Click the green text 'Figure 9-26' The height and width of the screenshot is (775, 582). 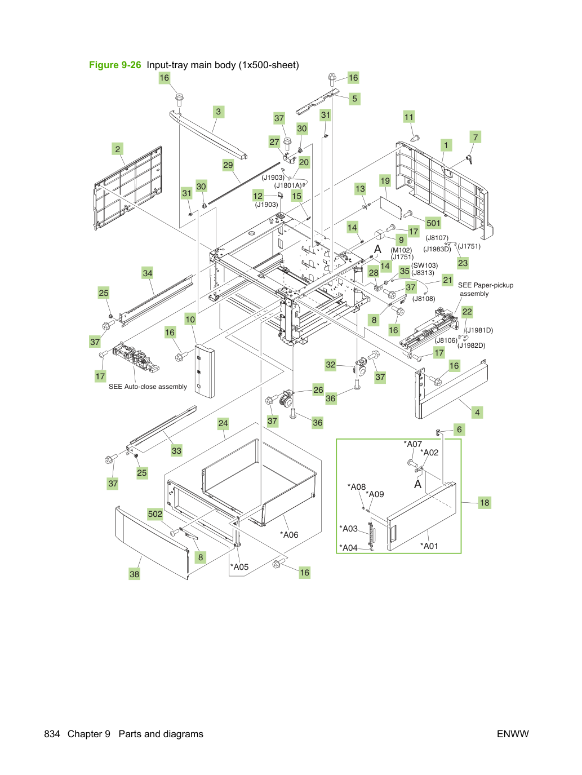pos(115,65)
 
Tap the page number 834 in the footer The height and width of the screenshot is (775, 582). pos(52,734)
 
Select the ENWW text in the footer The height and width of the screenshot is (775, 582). pos(513,734)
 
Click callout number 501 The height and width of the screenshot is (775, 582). pos(433,223)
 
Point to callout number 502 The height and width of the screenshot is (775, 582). pos(155,513)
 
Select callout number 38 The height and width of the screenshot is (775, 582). pos(134,574)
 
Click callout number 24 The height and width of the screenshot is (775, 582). pos(223,423)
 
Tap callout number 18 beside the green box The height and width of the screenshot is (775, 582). pos(484,502)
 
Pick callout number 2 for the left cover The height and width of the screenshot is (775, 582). pos(118,149)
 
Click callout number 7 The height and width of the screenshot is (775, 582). pos(476,137)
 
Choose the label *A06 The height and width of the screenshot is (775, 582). pos(289,534)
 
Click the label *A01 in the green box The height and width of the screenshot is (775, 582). pos(429,546)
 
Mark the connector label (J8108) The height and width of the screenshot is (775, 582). pos(424,299)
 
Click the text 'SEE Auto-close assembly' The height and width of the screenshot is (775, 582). pos(148,387)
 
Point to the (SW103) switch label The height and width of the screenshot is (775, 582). pos(424,265)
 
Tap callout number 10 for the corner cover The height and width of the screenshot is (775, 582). pos(190,320)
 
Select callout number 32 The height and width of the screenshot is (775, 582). pos(330,364)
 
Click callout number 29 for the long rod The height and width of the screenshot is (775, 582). pos(228,165)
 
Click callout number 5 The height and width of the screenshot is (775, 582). pos(354,99)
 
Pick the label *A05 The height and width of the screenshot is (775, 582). pos(239,566)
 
